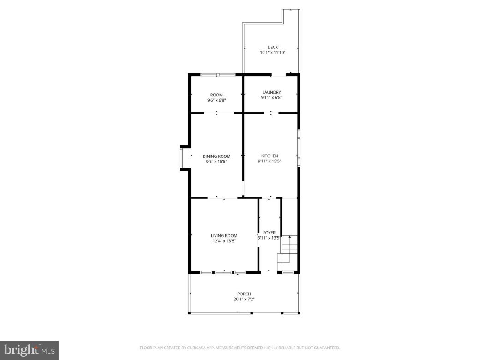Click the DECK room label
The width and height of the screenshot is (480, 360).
[273, 47]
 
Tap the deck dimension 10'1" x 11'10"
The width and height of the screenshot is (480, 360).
[273, 53]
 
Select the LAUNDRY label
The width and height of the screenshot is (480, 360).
[271, 92]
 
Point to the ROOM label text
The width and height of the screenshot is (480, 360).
[216, 95]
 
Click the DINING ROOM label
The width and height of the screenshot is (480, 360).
[216, 156]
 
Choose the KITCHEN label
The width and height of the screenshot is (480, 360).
[270, 156]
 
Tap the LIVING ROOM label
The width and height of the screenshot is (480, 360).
[224, 236]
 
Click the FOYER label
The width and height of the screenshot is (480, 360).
[270, 233]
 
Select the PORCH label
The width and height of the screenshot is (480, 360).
[244, 294]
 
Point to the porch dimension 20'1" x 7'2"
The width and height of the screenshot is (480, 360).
[244, 300]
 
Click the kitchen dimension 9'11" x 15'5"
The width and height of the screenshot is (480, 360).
[270, 162]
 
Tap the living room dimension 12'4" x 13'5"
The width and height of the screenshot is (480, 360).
[224, 241]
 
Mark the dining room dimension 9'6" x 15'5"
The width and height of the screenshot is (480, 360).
[216, 162]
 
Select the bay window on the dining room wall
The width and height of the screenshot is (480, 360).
[182, 158]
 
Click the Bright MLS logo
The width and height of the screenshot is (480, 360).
[29, 350]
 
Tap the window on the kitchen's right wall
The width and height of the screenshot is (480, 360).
[299, 147]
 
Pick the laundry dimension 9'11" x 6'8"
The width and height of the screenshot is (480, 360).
[271, 98]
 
